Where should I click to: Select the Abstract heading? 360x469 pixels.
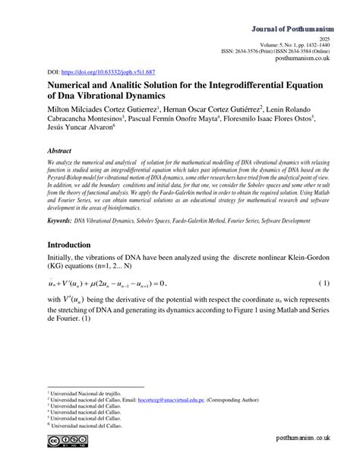point(65,151)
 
